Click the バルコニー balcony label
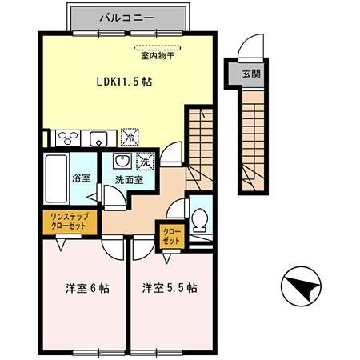click(130, 16)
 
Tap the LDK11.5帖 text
click(126, 82)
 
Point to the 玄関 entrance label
click(251, 73)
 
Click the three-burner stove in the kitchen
click(66, 138)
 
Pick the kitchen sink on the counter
click(99, 138)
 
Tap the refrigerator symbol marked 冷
click(129, 138)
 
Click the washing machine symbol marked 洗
click(144, 161)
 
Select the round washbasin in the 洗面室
click(120, 159)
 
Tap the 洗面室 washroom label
click(127, 180)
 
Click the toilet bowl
click(200, 216)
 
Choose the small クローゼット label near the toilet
click(170, 236)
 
